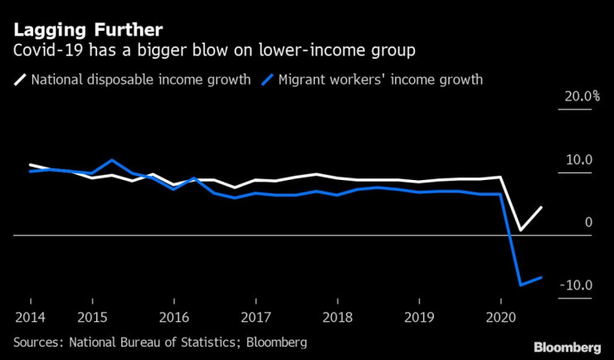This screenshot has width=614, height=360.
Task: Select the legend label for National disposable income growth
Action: pos(140,80)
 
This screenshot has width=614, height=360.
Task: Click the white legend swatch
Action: pos(19,80)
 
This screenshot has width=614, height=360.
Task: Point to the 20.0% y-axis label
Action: pos(582,96)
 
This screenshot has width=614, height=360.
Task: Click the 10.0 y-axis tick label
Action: pos(579,160)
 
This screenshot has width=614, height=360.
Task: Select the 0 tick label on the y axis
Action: pos(589,222)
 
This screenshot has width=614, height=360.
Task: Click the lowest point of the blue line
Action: pos(521,285)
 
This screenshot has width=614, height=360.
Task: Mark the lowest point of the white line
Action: pos(521,230)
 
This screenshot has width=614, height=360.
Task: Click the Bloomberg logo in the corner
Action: pos(567,346)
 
